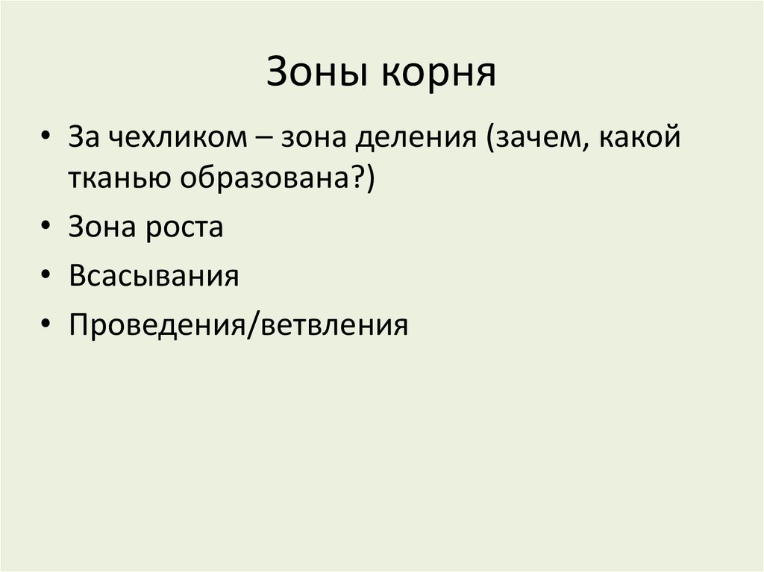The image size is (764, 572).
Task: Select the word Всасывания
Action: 154,277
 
